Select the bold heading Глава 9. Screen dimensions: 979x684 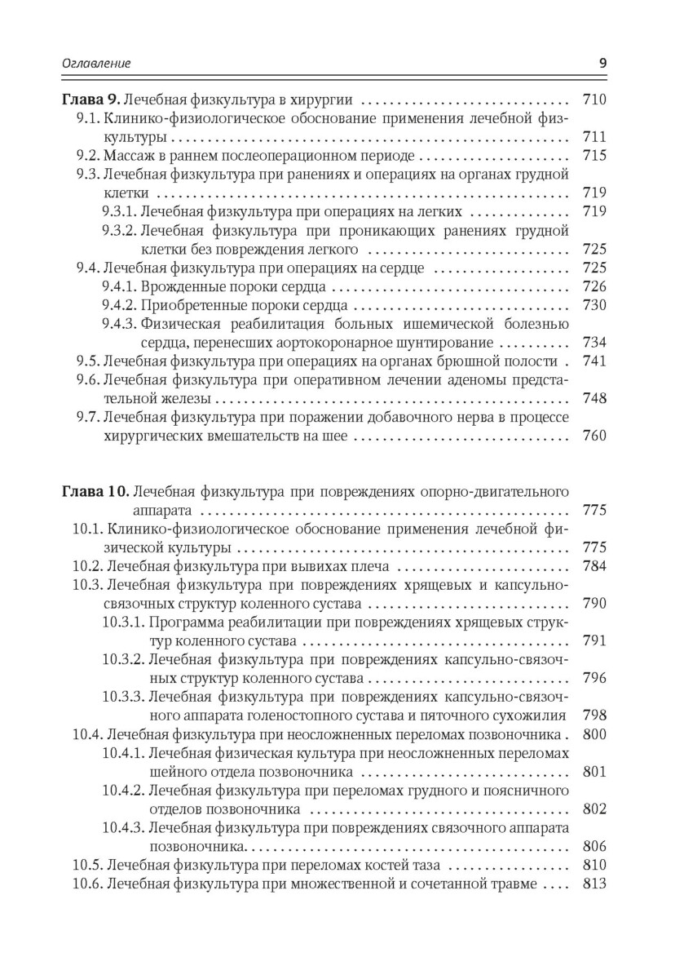[91, 100]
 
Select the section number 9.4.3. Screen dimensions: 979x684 [120, 324]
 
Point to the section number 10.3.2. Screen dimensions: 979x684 [123, 658]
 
